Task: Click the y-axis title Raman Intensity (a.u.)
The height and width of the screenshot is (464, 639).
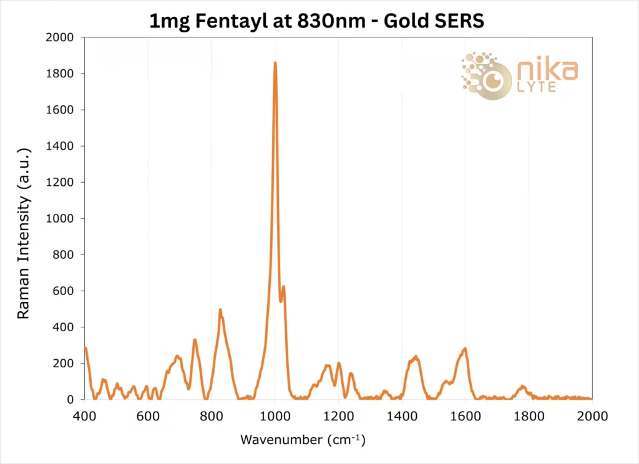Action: pos(23,233)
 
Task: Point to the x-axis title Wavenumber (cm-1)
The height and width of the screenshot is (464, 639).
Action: pos(303,440)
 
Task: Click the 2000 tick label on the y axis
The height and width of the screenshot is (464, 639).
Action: pos(61,37)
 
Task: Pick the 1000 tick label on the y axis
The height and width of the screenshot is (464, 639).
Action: pos(61,218)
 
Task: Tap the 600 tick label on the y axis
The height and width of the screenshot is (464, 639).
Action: pos(64,291)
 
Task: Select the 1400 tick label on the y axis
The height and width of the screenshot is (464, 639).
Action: pos(61,146)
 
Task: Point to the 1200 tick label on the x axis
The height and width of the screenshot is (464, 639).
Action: pos(339,414)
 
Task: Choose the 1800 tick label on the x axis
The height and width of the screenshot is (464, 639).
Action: pos(529,414)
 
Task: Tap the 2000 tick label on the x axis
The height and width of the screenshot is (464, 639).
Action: pos(592,414)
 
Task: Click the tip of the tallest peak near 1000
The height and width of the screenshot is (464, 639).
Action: pos(275,63)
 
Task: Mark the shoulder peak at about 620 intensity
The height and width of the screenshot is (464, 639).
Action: pos(283,287)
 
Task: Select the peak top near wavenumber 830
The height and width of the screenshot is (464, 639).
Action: pos(220,310)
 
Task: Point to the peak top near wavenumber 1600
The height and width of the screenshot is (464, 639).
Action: pos(464,349)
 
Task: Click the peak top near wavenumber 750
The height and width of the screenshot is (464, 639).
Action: pos(195,340)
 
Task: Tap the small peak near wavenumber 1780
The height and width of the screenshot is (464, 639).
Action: pos(523,387)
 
